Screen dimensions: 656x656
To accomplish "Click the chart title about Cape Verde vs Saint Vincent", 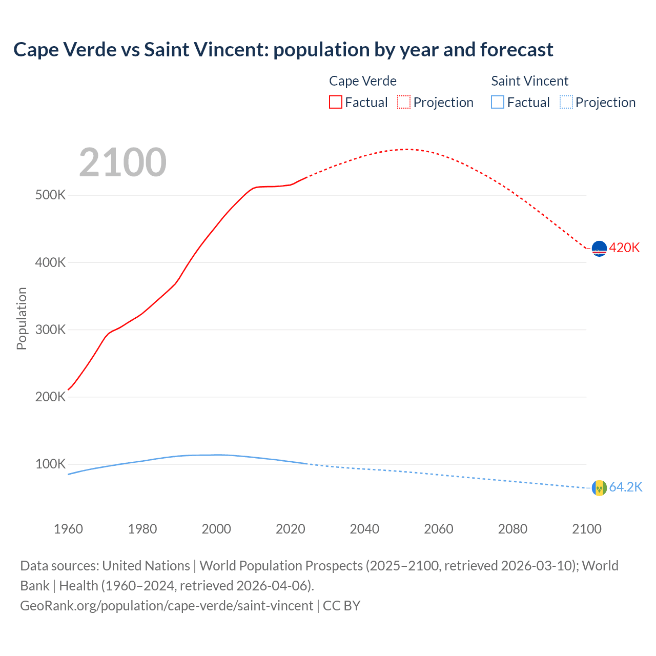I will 283,50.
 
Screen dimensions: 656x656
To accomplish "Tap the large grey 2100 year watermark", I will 122,162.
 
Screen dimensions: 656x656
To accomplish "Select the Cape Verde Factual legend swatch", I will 335,102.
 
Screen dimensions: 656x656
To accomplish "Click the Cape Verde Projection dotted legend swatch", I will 404,102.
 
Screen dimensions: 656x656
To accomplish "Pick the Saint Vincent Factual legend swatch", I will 498,102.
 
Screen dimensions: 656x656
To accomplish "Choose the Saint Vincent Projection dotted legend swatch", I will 566,102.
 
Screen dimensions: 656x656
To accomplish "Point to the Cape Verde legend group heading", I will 362,81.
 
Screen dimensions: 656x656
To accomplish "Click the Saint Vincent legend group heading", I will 529,81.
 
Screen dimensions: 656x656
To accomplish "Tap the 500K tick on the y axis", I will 50,195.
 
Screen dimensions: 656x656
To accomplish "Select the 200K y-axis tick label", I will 50,397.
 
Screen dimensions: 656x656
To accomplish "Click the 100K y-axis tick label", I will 50,464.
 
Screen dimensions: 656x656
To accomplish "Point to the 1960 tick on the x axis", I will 68,529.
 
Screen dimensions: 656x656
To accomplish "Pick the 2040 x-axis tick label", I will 364,529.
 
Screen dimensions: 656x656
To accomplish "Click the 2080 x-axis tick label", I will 512,529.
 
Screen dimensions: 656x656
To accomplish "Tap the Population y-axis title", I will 22,318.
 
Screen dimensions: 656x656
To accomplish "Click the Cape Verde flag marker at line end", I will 599,249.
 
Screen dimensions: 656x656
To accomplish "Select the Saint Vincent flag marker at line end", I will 599,488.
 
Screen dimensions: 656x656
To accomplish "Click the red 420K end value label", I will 624,248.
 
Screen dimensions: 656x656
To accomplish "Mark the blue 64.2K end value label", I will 625,487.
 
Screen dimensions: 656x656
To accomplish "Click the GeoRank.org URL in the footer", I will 167,606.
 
